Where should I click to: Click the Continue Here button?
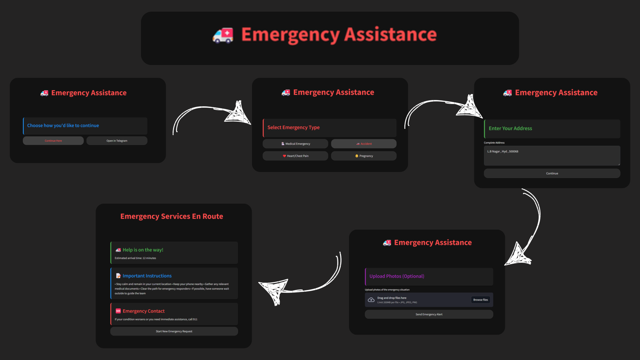tap(53, 141)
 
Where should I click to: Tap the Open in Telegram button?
tap(117, 141)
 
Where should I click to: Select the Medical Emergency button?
tap(295, 144)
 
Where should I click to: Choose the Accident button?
tap(364, 144)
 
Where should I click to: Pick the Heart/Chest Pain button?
tap(295, 156)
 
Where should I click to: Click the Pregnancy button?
tap(364, 156)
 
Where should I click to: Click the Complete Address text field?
tap(552, 155)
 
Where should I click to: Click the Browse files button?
tap(480, 300)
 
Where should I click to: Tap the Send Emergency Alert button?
tap(429, 314)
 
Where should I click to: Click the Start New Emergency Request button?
tap(174, 331)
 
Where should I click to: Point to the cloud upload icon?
tap(371, 300)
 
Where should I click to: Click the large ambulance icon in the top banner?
tap(223, 35)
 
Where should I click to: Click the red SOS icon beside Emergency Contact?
tap(118, 311)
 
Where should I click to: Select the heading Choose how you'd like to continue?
tap(63, 126)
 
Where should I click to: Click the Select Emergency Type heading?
tap(293, 127)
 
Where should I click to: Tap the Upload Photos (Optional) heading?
tap(397, 276)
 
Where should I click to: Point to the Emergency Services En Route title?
tap(172, 216)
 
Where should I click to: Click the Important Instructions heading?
tap(147, 276)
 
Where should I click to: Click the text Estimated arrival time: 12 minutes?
tap(135, 258)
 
